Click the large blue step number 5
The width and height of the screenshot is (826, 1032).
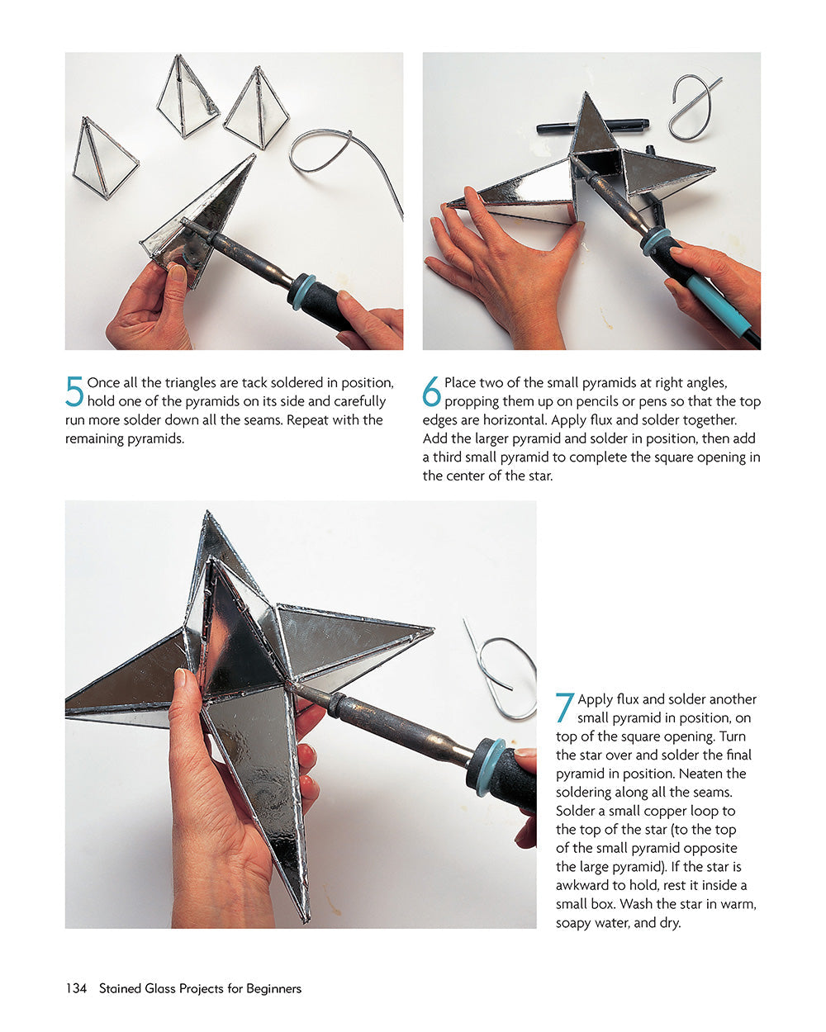point(74,391)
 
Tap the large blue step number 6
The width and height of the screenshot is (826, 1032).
point(432,391)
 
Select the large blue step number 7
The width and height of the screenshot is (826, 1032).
point(565,708)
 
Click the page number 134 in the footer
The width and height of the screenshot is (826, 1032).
point(76,988)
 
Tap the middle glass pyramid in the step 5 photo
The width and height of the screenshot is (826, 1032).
point(187,97)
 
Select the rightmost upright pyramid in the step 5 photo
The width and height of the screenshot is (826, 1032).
point(257,111)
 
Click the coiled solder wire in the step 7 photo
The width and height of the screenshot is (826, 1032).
point(504,673)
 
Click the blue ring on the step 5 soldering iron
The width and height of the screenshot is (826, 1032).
point(301,291)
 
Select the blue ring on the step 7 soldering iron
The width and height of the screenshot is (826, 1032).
point(488,766)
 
